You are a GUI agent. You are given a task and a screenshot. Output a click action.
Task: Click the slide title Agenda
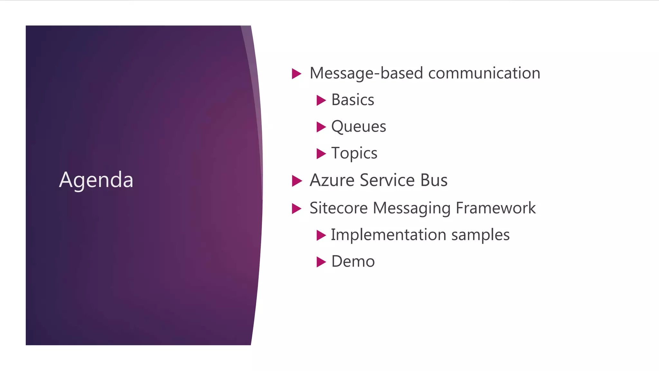pyautogui.click(x=96, y=180)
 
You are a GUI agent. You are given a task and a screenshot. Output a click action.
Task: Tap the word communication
pyautogui.click(x=484, y=73)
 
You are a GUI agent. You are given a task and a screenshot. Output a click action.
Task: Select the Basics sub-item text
pyautogui.click(x=353, y=100)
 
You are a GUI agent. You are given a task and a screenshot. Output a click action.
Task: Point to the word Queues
pyautogui.click(x=358, y=127)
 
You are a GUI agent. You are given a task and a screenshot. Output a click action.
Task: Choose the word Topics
pyautogui.click(x=354, y=153)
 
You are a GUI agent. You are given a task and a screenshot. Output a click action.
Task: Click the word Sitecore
pyautogui.click(x=338, y=208)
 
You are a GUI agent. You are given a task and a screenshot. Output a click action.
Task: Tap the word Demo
pyautogui.click(x=353, y=262)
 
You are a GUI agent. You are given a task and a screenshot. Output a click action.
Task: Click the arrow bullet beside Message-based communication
pyautogui.click(x=296, y=73)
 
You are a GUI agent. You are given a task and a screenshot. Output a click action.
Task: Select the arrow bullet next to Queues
pyautogui.click(x=321, y=127)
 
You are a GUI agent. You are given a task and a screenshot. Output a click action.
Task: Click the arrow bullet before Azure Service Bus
pyautogui.click(x=296, y=181)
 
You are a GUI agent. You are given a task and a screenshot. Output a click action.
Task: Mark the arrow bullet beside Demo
pyautogui.click(x=321, y=262)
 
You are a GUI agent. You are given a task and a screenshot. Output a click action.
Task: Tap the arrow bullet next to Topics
pyautogui.click(x=321, y=154)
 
